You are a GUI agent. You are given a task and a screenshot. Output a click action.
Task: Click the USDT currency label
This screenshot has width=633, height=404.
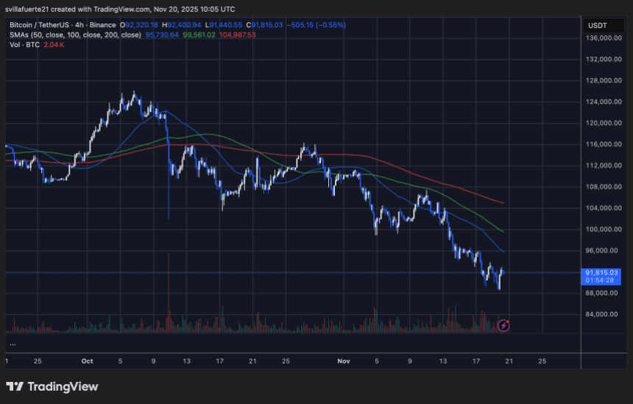pos(595,25)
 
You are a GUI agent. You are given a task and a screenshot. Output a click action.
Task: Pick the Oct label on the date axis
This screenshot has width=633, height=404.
pos(88,361)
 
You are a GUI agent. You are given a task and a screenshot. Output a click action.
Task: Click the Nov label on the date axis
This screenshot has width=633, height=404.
pos(344,361)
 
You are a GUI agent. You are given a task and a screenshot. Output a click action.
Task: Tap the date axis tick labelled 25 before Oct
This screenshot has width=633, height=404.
pos(38,361)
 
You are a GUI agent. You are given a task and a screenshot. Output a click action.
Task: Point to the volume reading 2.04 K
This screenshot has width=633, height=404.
pos(54,43)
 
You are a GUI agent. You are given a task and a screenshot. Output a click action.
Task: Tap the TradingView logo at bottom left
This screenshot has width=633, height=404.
pos(52,386)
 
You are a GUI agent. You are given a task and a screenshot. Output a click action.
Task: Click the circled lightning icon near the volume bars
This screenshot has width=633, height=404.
pos(504,325)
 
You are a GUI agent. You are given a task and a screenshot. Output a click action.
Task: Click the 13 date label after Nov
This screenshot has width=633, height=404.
pos(442,361)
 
